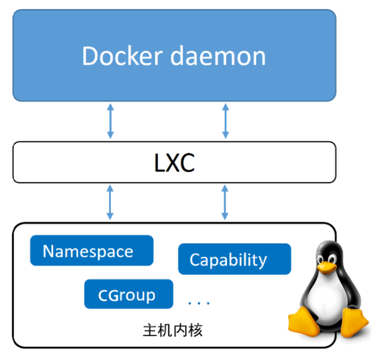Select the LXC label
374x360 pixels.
[174, 163]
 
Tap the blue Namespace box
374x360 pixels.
[92, 250]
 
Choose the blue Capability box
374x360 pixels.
[234, 259]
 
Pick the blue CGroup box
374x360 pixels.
[128, 295]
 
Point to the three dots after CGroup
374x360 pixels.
[199, 303]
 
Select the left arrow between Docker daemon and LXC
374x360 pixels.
[110, 121]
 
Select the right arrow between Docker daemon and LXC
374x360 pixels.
[226, 121]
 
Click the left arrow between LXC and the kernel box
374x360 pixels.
[110, 202]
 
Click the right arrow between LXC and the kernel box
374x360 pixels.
[226, 202]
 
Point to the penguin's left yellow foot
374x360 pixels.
[304, 321]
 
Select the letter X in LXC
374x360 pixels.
[174, 163]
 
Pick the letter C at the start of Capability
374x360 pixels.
[194, 260]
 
